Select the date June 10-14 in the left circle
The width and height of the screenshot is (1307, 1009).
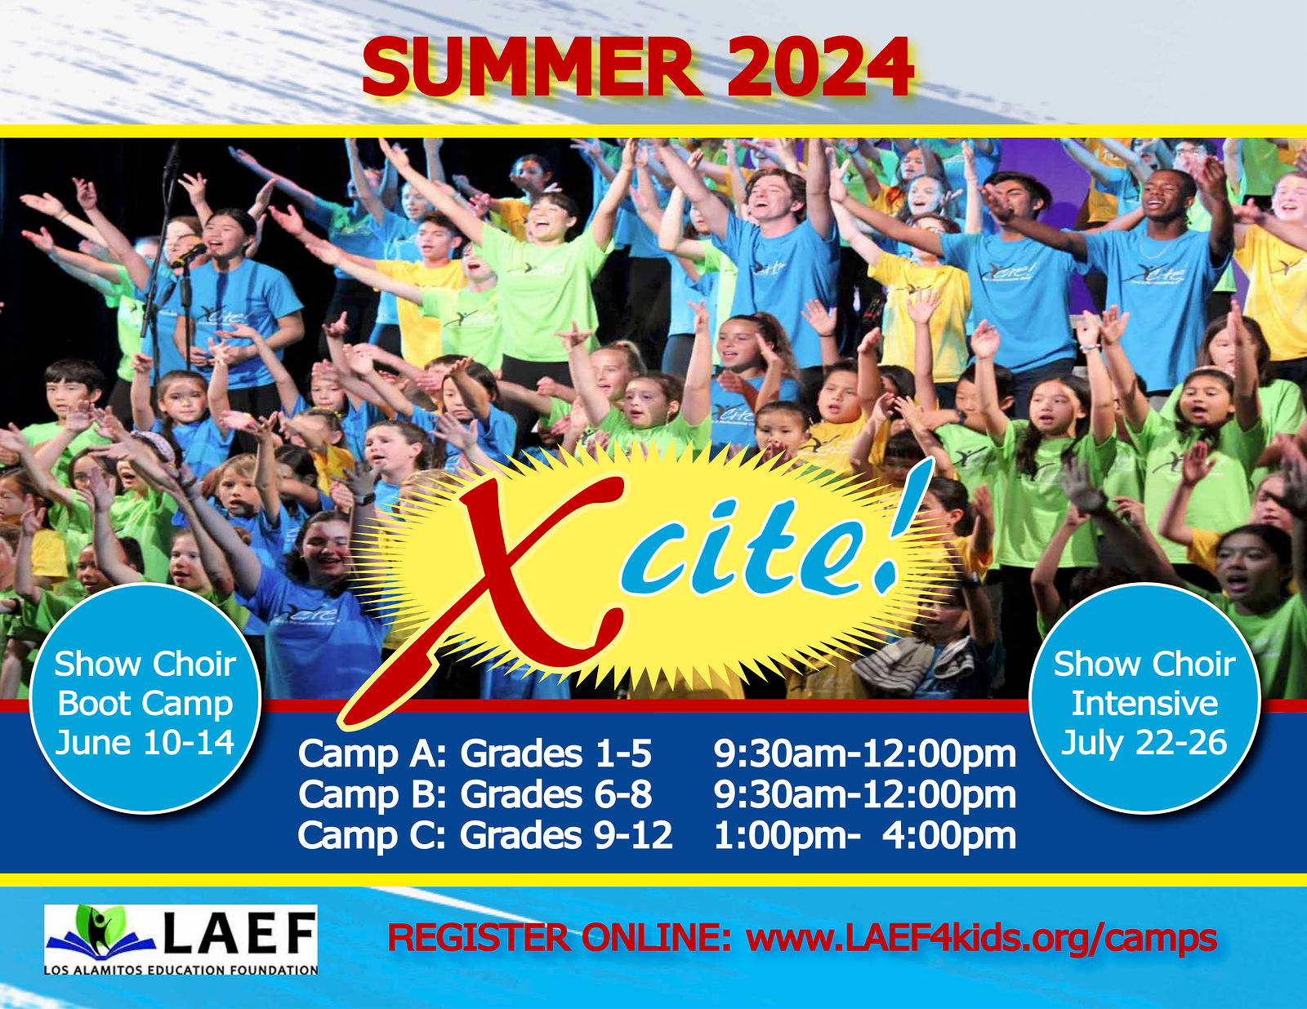pos(145,743)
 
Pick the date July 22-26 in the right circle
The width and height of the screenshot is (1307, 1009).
pos(1144,743)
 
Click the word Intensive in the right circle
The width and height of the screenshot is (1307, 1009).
pos(1144,703)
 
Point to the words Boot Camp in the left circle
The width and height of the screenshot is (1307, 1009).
pos(145,705)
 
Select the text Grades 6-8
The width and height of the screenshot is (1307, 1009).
pos(555,794)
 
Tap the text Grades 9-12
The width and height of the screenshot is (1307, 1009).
pos(566,835)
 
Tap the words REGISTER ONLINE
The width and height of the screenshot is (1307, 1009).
pos(559,938)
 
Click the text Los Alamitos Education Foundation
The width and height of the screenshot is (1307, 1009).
pos(181,970)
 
